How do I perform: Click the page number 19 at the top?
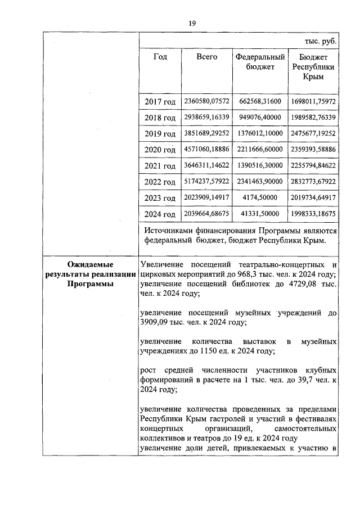pos(191,23)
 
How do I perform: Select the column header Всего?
pos(206,57)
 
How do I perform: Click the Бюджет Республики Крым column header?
pos(313,67)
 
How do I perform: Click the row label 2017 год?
pos(160,102)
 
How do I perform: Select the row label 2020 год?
pos(160,150)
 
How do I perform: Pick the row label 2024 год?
pos(160,214)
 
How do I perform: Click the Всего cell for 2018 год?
pos(206,117)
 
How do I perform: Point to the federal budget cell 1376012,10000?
pos(259,133)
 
